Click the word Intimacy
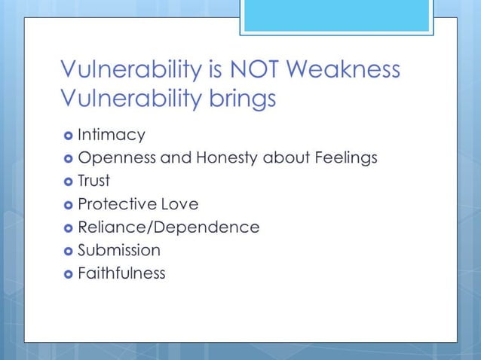(x=112, y=135)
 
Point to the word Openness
(x=113, y=158)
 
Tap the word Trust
(x=94, y=181)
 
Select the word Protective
(x=117, y=204)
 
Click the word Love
(x=180, y=204)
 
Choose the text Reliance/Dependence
(x=169, y=227)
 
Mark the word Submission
(x=119, y=250)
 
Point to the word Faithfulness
(x=121, y=273)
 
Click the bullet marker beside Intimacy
(x=67, y=136)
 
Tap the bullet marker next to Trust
(x=67, y=182)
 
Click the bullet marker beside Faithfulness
(x=67, y=273)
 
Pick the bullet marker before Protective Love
(x=67, y=205)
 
